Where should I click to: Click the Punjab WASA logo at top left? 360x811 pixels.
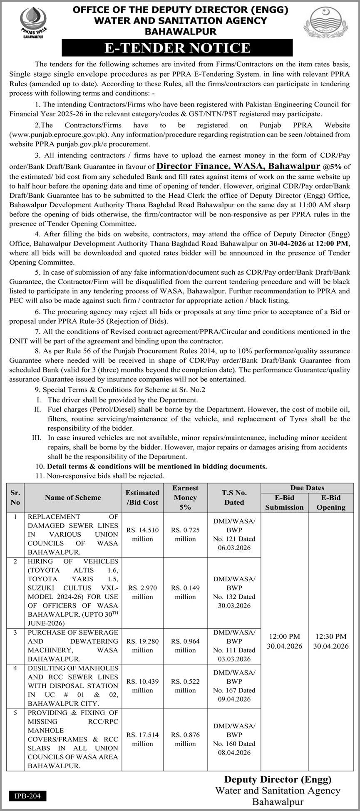tap(33, 22)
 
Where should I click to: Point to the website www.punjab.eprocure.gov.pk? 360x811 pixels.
tap(54, 135)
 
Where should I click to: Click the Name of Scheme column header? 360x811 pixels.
tap(73, 497)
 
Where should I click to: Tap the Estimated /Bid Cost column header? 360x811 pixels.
tap(142, 497)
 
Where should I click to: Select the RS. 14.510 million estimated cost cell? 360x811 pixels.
tap(142, 534)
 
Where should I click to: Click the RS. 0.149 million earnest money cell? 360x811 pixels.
tap(185, 592)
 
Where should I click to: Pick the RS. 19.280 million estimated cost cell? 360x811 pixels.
tap(142, 645)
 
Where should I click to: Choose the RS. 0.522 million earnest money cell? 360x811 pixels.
tap(185, 685)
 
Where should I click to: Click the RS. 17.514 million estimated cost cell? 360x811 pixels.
tap(142, 739)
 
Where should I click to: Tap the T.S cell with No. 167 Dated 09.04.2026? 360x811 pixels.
tap(234, 685)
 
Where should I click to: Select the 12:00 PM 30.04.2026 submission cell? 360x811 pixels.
tap(285, 641)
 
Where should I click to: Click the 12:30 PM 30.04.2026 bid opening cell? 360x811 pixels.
tap(331, 641)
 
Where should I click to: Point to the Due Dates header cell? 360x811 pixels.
tap(307, 488)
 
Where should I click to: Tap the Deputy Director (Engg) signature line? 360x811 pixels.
tap(278, 779)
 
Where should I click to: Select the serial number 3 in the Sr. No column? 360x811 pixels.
tap(15, 632)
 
